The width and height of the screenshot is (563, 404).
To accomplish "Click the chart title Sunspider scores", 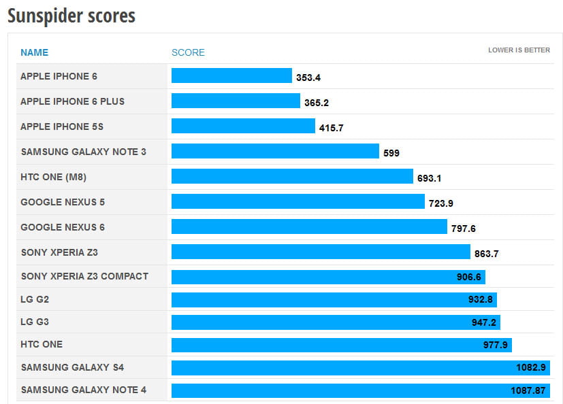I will coord(71,16).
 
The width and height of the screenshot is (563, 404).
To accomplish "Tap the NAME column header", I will coord(34,52).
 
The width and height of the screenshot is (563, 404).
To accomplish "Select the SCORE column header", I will coord(188,52).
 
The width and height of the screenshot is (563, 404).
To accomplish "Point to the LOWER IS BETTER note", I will coord(519,50).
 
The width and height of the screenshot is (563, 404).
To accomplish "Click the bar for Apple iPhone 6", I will coord(231,76).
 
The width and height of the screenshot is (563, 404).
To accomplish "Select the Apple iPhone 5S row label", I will coord(62,127).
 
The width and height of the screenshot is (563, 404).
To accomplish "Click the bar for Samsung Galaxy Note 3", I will coord(275,151).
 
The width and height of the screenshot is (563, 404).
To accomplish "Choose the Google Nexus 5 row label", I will coord(63,202).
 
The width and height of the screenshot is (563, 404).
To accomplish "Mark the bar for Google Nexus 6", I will coord(309,227).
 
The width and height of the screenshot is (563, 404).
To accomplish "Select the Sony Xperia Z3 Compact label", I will coord(84,276).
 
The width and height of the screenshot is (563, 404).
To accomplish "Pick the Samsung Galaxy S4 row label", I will coord(72,368).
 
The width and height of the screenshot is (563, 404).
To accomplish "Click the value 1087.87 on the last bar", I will coord(528,390).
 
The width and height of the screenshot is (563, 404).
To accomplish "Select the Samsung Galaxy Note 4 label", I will coord(84,390).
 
